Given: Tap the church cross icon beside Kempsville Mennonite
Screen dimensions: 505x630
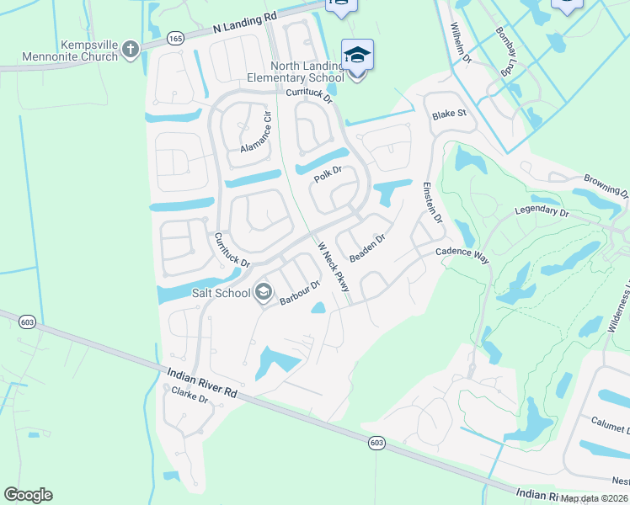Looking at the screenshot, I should [x=130, y=50].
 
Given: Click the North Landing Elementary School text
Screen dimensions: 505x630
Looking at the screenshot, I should [x=307, y=72].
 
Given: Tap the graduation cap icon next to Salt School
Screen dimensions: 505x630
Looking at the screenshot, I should [x=263, y=293].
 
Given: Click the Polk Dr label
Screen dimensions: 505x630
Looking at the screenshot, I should [x=328, y=174].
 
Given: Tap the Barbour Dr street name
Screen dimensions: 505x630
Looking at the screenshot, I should [x=301, y=293].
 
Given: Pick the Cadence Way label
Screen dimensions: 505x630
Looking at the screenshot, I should [x=462, y=255].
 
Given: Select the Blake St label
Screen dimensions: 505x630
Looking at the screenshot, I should [x=449, y=114].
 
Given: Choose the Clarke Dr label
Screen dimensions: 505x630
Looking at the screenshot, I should [x=190, y=395].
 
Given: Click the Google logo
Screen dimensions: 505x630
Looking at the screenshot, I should [x=28, y=495].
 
